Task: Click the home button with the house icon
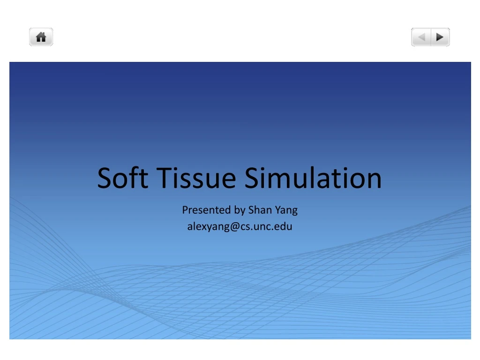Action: pyautogui.click(x=41, y=37)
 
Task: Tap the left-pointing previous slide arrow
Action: pyautogui.click(x=421, y=37)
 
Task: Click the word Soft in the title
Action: pyautogui.click(x=123, y=179)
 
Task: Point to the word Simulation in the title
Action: pyautogui.click(x=313, y=179)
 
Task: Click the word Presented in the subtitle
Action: pyautogui.click(x=206, y=210)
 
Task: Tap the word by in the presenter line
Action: pyautogui.click(x=240, y=210)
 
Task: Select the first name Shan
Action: pyautogui.click(x=259, y=210)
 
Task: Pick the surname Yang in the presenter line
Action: pyautogui.click(x=286, y=210)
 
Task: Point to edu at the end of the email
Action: pyautogui.click(x=284, y=227)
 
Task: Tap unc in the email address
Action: pyautogui.click(x=263, y=227)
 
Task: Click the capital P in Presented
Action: pyautogui.click(x=185, y=210)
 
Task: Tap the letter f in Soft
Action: pyautogui.click(x=133, y=178)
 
